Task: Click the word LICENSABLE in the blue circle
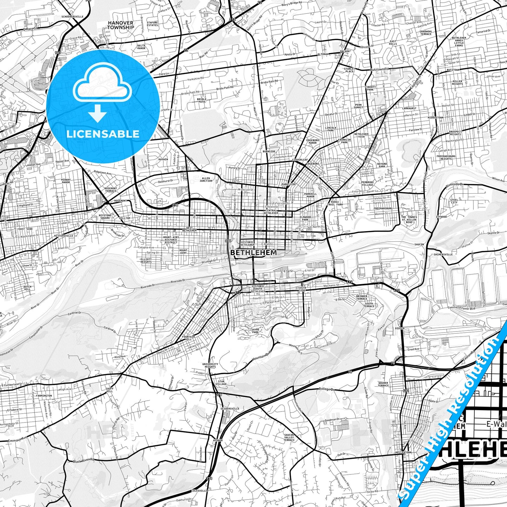103,134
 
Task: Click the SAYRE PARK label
255,331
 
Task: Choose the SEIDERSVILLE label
230,409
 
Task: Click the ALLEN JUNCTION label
206,179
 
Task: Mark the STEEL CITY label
454,201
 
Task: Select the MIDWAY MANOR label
66,181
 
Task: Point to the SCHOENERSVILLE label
72,16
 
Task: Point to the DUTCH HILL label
27,288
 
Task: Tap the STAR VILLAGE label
222,382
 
